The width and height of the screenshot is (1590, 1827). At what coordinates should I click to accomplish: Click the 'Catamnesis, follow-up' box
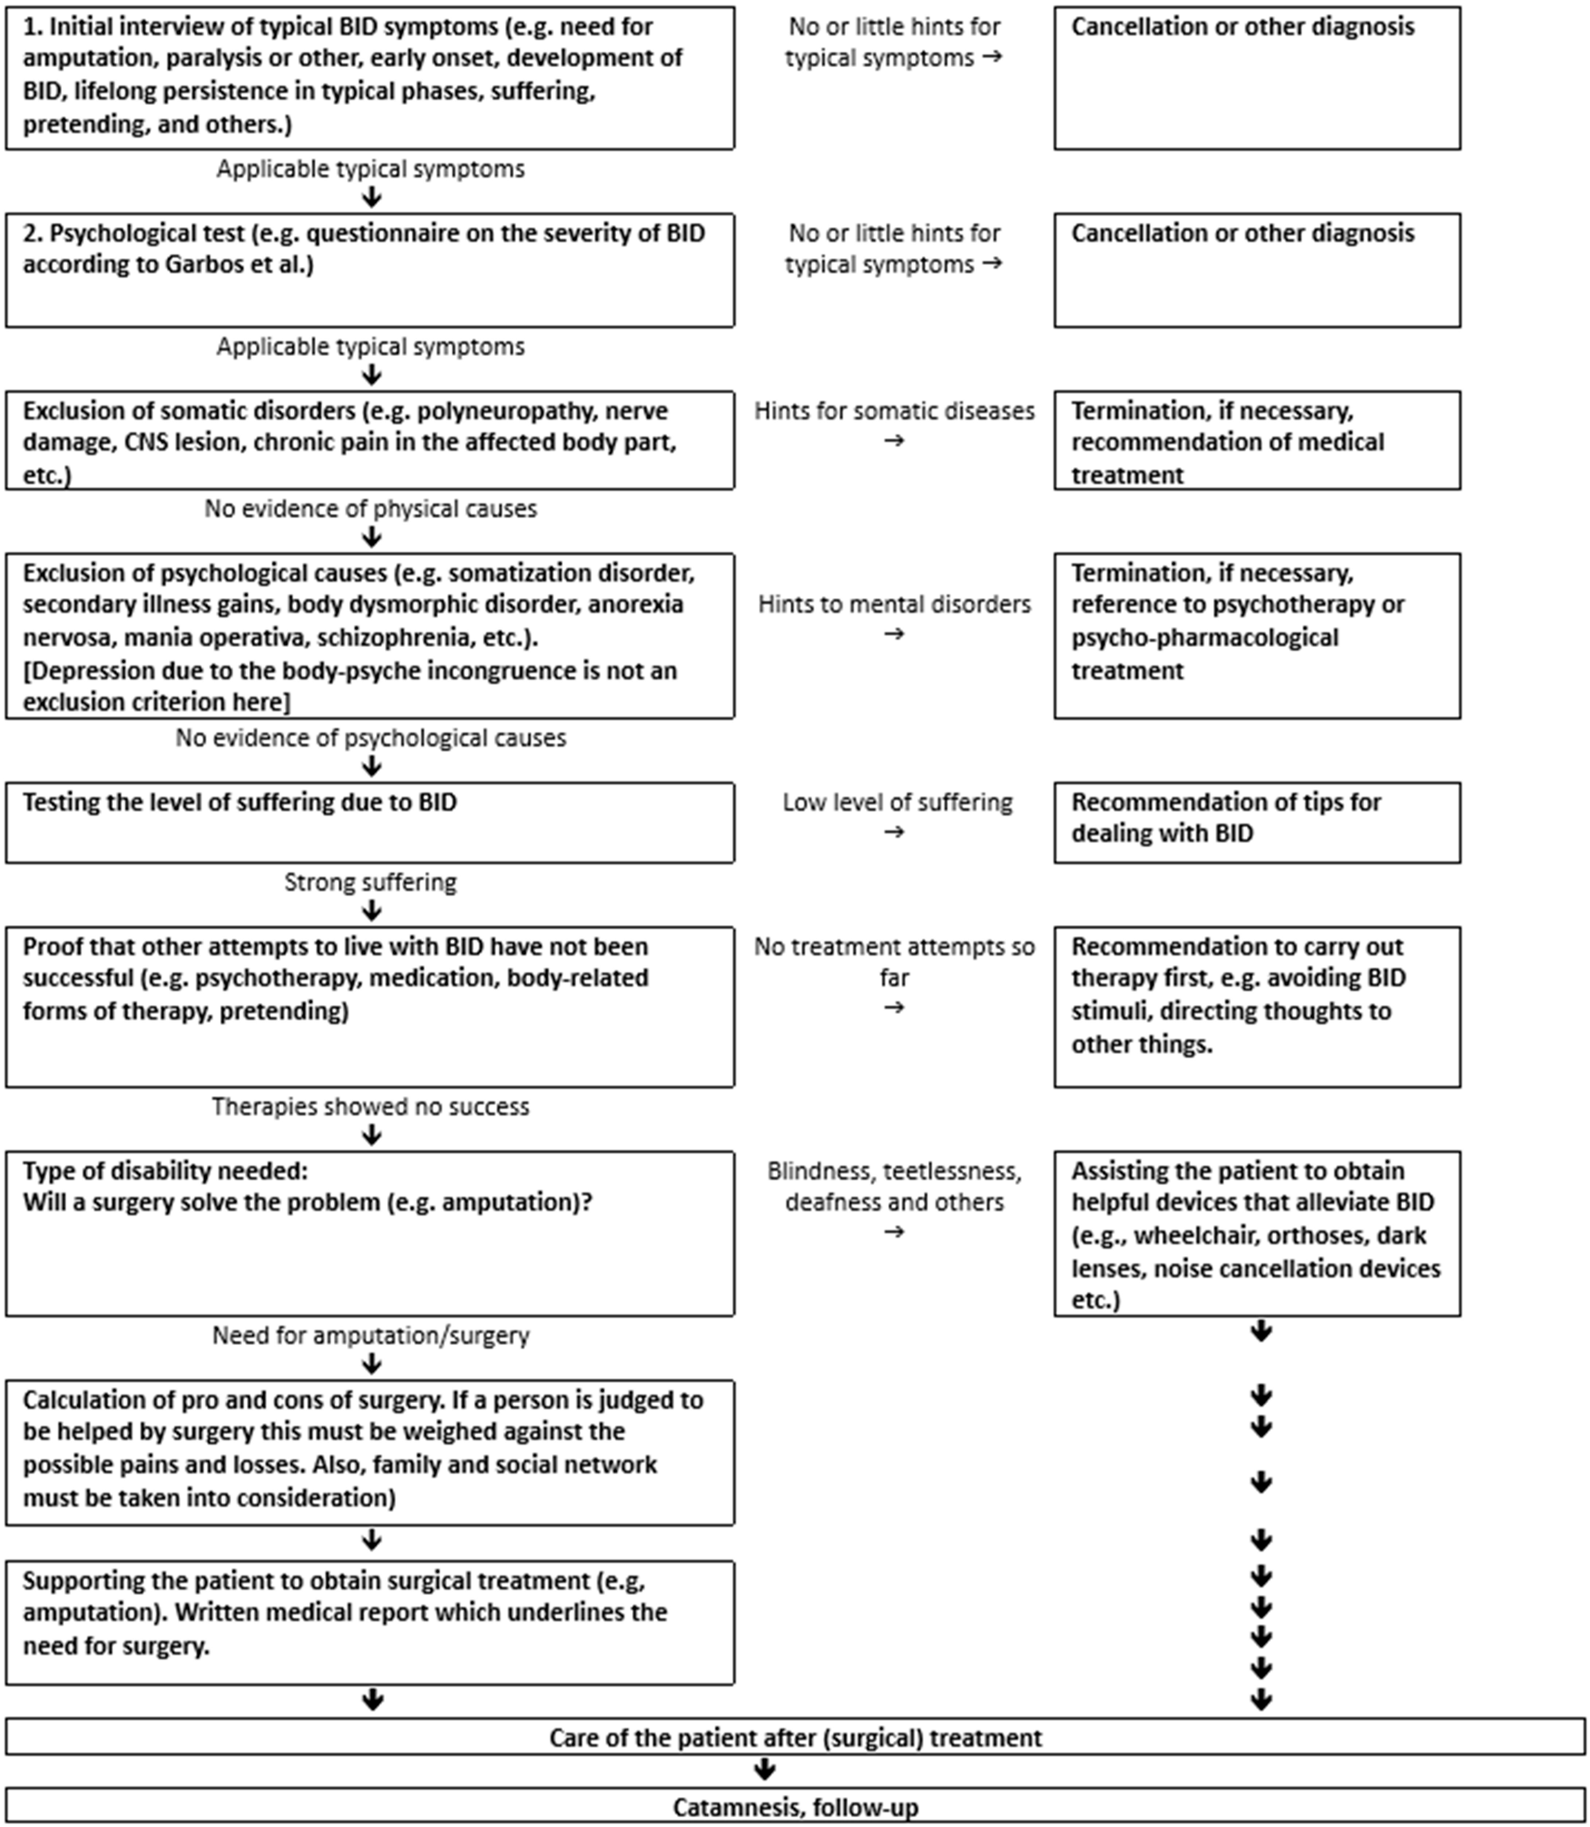click(x=795, y=1807)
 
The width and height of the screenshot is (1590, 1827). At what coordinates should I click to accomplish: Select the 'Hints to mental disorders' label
click(x=893, y=604)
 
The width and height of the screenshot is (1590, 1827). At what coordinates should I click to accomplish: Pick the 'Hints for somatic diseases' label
click(x=893, y=411)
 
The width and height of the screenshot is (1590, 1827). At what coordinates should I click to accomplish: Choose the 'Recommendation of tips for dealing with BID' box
click(x=1256, y=822)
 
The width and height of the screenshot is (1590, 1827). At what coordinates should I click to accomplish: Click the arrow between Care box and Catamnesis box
click(x=764, y=1770)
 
